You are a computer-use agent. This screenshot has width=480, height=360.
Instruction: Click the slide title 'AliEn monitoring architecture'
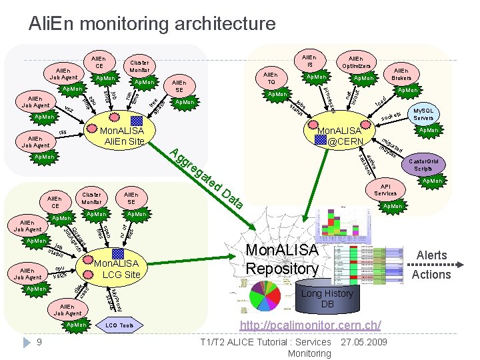pyautogui.click(x=151, y=24)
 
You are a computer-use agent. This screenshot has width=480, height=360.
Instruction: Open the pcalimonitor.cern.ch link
pyautogui.click(x=310, y=325)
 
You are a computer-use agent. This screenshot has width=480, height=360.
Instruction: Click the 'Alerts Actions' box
pyautogui.click(x=433, y=265)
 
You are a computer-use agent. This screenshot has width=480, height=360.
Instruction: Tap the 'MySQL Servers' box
pyautogui.click(x=423, y=114)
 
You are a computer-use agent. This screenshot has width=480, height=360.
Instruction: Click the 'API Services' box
pyautogui.click(x=385, y=189)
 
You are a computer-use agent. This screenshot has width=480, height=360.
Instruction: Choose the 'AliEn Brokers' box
pyautogui.click(x=401, y=74)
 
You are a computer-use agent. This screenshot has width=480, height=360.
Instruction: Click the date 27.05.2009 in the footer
pyautogui.click(x=363, y=342)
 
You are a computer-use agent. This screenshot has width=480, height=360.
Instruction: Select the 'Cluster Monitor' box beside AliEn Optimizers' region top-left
pyautogui.click(x=139, y=65)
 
